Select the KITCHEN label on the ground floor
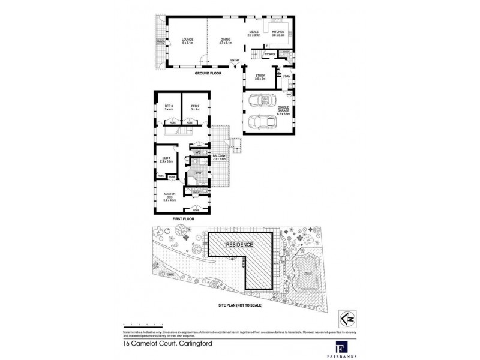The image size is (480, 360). pos(278,33)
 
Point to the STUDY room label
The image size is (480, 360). pos(260,77)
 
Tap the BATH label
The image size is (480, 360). pos(198,173)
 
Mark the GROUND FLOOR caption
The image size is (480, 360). pos(208,73)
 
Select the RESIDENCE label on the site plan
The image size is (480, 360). pos(240,245)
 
